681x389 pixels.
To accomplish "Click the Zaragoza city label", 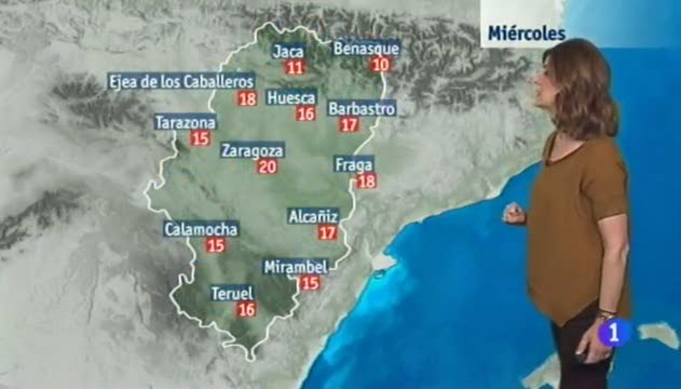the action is click(x=252, y=151).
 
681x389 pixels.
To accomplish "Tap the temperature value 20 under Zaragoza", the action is click(x=268, y=166).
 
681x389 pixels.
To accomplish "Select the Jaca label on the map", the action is click(x=289, y=52).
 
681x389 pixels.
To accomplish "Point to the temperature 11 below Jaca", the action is click(x=295, y=67).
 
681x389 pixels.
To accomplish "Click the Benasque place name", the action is click(x=366, y=48).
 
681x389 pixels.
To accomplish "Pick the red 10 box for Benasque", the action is click(x=381, y=64).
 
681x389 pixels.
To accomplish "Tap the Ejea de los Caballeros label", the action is click(x=182, y=81).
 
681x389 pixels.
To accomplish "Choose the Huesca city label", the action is click(x=292, y=98).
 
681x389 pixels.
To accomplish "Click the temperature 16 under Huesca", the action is click(x=306, y=114).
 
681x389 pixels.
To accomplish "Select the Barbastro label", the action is click(x=362, y=109).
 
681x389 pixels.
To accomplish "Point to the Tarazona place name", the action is click(x=185, y=123).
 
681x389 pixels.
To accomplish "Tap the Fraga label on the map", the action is click(x=354, y=165).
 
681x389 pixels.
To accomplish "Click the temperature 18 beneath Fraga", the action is click(x=367, y=182).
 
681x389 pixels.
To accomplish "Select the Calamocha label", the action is click(x=201, y=230).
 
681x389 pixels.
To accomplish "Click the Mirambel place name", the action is click(x=296, y=268).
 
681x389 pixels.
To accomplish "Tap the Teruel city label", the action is click(x=232, y=294).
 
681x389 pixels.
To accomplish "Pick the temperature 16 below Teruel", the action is click(x=246, y=309).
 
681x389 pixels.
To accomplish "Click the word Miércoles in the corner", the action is click(x=526, y=33).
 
